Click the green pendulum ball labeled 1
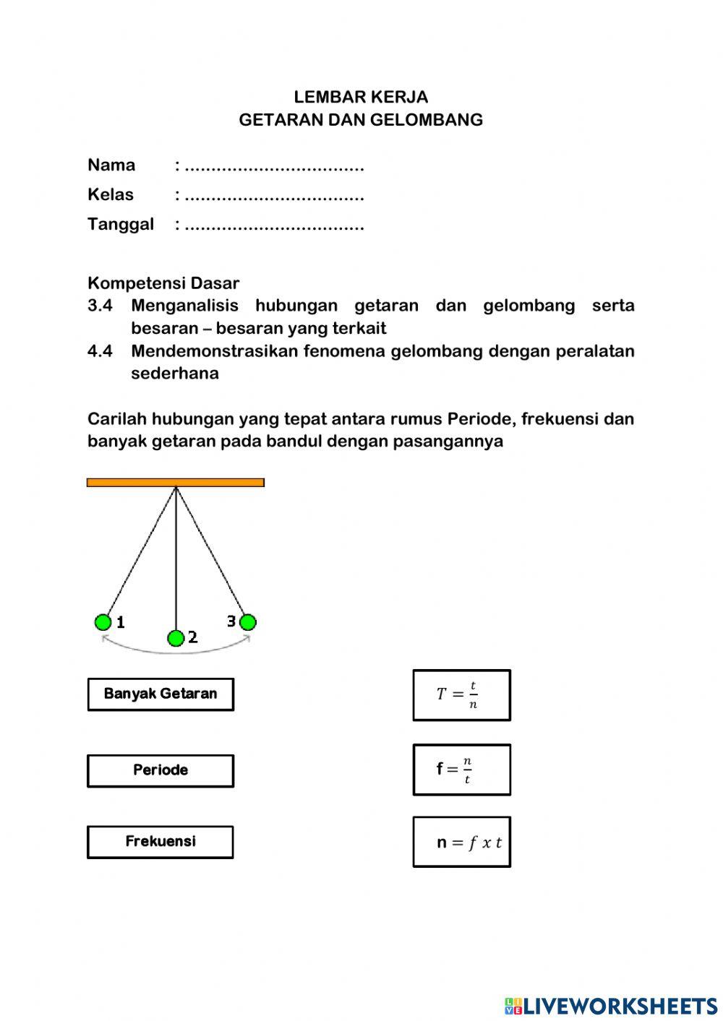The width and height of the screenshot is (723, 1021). point(103,622)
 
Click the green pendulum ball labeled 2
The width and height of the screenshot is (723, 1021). point(176,638)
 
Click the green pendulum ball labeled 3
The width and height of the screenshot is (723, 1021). point(247,622)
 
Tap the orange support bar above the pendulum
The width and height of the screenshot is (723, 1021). point(176,483)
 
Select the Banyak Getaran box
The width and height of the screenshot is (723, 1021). point(161,694)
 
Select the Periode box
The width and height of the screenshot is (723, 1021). point(161,771)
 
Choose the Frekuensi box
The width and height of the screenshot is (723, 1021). point(161,842)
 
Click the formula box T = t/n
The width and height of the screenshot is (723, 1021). point(461,695)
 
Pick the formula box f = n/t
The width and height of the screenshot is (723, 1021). point(461,770)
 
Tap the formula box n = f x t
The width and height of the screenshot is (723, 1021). point(461,842)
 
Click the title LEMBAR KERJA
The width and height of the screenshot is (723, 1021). point(361,97)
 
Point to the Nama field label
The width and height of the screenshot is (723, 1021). point(111,165)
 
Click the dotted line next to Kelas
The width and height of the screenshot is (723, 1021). point(274,196)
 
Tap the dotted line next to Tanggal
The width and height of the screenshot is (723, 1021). point(274,225)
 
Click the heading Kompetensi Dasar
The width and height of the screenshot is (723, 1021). point(163,283)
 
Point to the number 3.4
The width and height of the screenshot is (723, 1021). point(100,306)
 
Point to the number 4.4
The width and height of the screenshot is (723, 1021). point(100,351)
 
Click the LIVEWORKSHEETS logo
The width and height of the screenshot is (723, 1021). point(611,1005)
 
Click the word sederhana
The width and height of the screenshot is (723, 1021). point(175,374)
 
